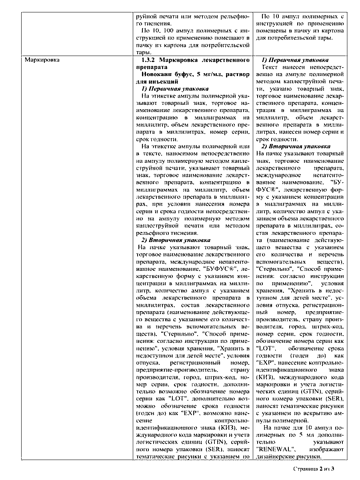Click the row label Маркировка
click(42, 60)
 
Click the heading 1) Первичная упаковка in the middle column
click(175, 89)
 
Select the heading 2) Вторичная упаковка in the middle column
click(176, 240)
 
